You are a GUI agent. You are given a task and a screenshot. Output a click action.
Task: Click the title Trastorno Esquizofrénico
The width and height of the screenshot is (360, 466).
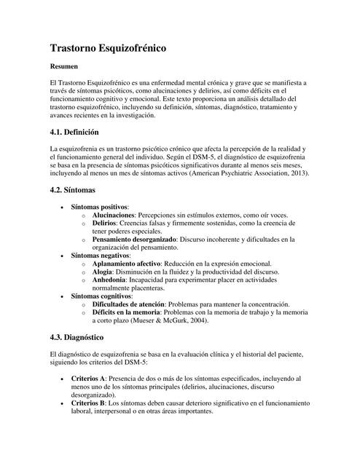pos(109,49)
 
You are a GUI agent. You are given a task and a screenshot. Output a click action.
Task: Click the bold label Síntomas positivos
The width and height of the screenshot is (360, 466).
pos(99,207)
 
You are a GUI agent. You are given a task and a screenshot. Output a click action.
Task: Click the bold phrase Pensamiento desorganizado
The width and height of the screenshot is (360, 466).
pos(136,239)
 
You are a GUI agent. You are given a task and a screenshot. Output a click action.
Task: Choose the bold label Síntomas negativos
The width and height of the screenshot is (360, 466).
pos(101,256)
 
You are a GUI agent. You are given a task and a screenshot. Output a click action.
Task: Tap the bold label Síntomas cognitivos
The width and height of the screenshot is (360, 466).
pos(101,297)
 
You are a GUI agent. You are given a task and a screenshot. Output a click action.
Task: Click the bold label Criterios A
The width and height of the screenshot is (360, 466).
pos(88,379)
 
